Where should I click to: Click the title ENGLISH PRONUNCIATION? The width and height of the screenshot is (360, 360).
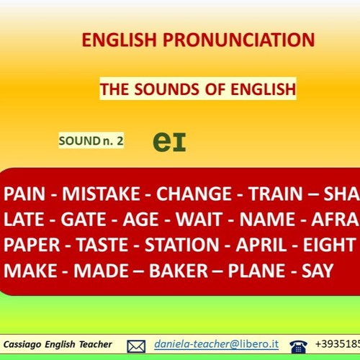coord(198,39)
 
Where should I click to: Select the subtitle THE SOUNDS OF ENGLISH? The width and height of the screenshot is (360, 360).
coord(198,90)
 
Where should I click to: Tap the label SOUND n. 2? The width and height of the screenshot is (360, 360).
coord(91,141)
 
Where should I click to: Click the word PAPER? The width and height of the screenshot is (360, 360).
coord(34,245)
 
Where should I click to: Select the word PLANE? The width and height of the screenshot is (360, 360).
coord(259,271)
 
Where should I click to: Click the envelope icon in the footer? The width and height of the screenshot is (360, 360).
coord(136,346)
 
